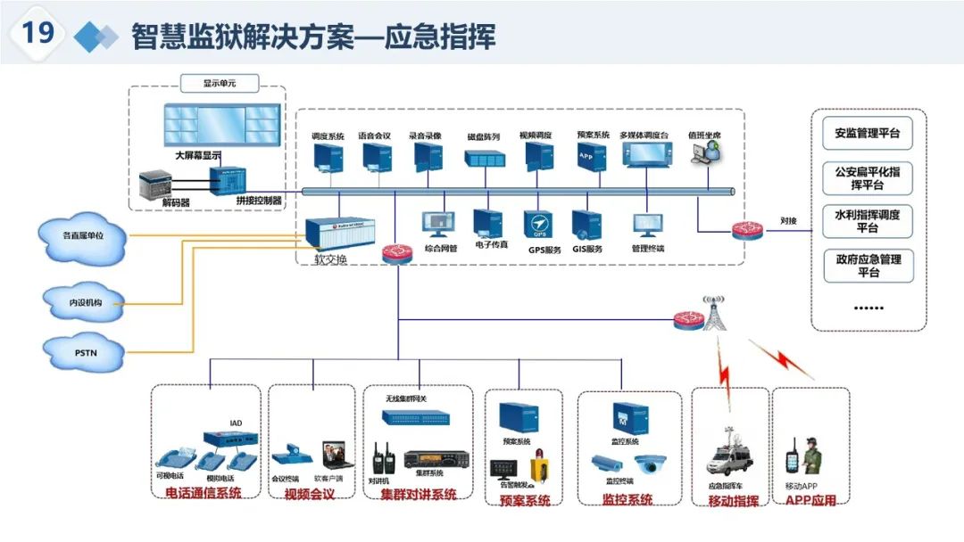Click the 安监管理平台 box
pos(867,134)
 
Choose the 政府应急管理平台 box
pos(867,266)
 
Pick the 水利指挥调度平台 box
pos(867,221)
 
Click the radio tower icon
pos(715,312)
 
